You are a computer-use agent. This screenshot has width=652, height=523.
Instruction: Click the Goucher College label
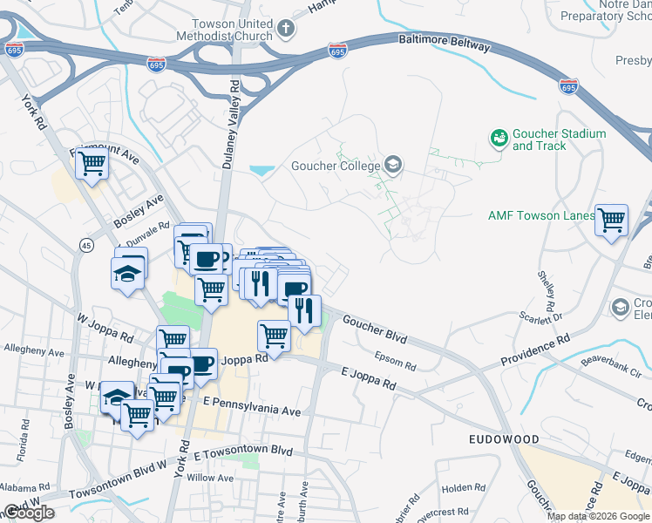[335, 166]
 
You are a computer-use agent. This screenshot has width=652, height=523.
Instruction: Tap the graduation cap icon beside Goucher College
[393, 165]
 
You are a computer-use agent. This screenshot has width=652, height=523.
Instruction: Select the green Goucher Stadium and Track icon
[499, 139]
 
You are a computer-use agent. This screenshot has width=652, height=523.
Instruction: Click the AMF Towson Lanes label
[540, 215]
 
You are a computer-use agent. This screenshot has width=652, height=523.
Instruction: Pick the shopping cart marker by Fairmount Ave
[92, 161]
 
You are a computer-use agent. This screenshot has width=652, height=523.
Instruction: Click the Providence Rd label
[534, 349]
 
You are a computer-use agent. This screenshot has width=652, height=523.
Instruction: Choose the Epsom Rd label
[391, 356]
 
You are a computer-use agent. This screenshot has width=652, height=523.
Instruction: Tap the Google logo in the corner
[29, 513]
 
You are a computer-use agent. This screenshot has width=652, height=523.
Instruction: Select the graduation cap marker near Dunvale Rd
[130, 271]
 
